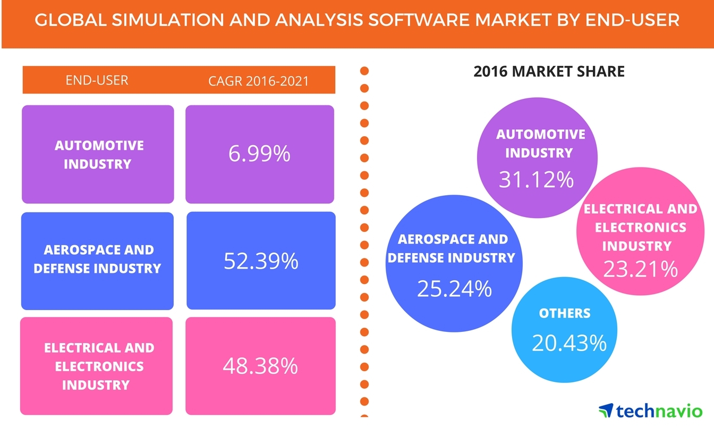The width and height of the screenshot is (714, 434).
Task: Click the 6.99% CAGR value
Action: click(x=259, y=154)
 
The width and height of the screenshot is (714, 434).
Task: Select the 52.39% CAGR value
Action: click(x=261, y=261)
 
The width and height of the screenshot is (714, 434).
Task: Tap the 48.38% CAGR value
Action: click(x=260, y=366)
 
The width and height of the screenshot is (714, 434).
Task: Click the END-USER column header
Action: click(x=97, y=80)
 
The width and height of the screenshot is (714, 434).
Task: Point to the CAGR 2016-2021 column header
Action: click(x=259, y=81)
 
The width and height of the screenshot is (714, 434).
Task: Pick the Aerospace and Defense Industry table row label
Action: click(x=97, y=259)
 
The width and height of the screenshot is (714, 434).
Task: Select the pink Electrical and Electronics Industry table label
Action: click(x=98, y=366)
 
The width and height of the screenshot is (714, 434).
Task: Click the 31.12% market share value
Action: click(x=536, y=180)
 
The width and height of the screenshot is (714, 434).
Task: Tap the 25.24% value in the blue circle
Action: click(x=454, y=288)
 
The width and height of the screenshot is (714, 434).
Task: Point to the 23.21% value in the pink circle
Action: click(x=640, y=269)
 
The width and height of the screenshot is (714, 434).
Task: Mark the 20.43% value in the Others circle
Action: click(x=568, y=343)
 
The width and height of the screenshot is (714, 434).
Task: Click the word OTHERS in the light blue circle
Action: click(x=564, y=313)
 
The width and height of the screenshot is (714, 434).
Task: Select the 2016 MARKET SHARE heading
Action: click(x=549, y=71)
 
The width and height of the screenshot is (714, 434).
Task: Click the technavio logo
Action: click(x=650, y=411)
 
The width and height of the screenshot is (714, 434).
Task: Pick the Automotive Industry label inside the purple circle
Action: click(x=540, y=143)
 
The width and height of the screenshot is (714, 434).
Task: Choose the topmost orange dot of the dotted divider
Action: click(x=364, y=70)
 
